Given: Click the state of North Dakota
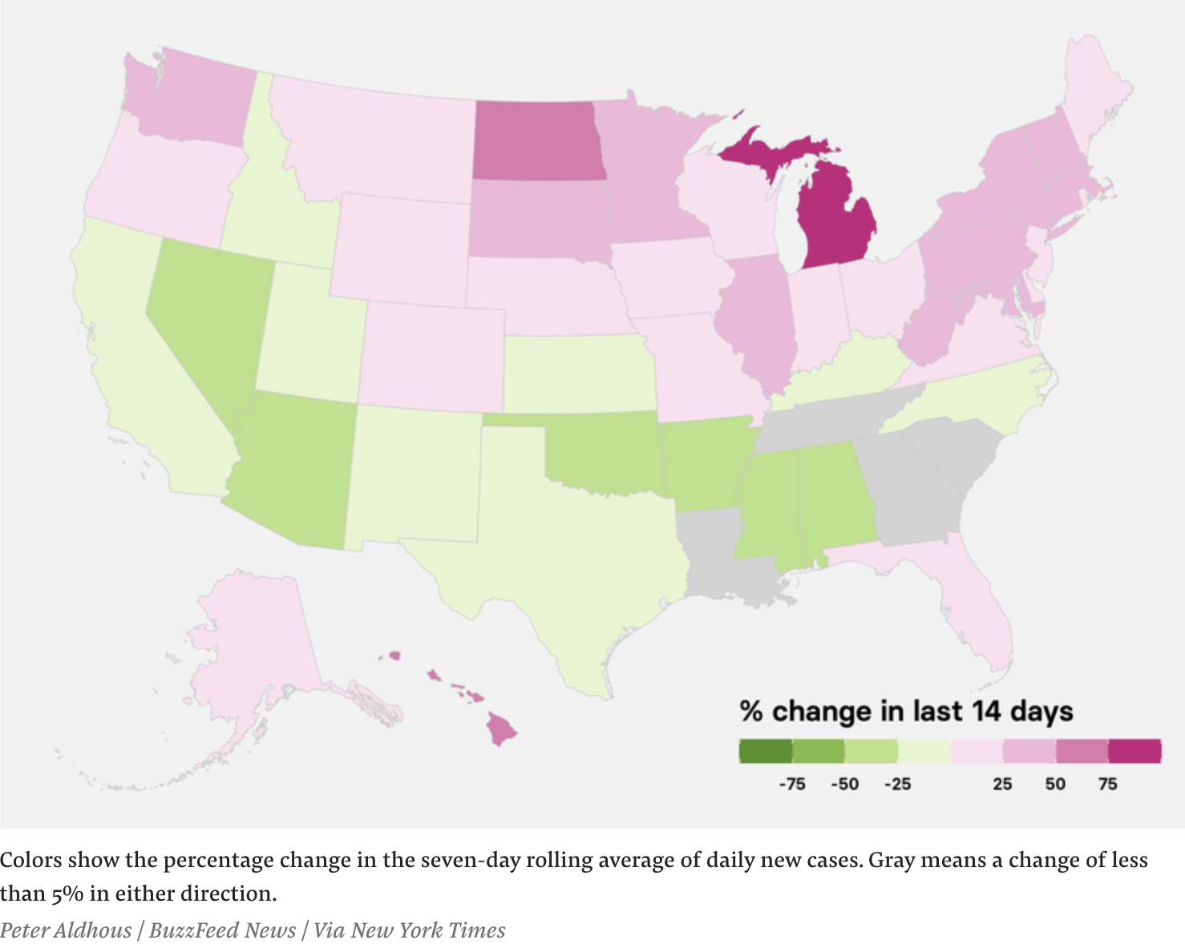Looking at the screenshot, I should click(536, 140).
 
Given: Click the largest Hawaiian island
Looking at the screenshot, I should click(503, 729).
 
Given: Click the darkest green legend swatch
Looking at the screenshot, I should click(765, 751).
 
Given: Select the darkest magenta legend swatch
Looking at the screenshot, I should click(1134, 751).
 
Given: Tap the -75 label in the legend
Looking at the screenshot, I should click(791, 784).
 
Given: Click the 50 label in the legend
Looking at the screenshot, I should click(1055, 784).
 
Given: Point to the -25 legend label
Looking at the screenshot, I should click(897, 784).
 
